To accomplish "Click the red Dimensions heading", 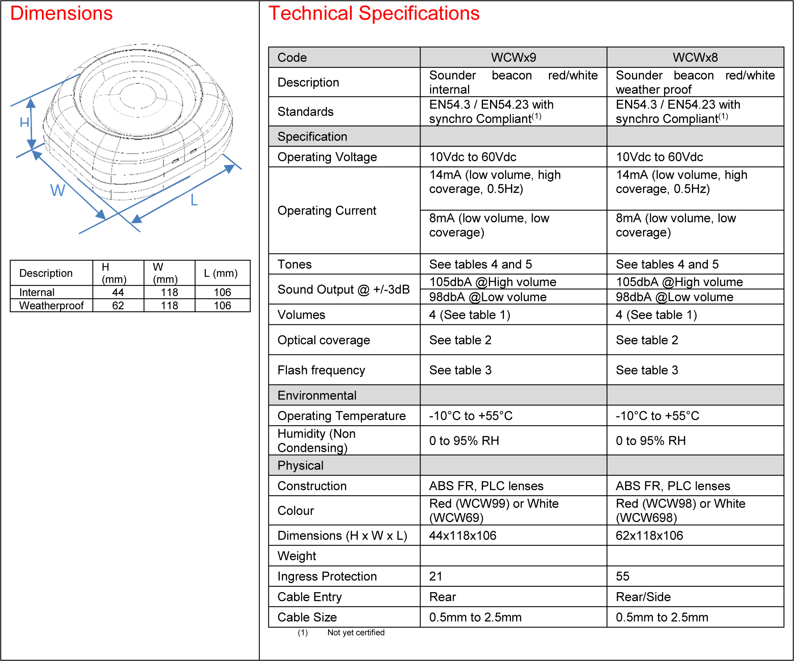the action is click(x=61, y=13).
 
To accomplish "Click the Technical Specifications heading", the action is click(x=374, y=13).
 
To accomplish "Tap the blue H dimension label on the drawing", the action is click(x=25, y=122).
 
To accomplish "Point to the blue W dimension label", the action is click(x=58, y=190).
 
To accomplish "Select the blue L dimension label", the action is click(x=194, y=200).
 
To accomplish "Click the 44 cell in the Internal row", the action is click(x=118, y=292).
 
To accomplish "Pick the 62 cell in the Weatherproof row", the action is click(x=118, y=305).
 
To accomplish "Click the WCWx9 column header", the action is click(x=513, y=57).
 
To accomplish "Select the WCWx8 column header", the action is click(x=695, y=57).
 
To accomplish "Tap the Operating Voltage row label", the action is click(x=327, y=157).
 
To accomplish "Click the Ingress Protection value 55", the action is click(x=622, y=576).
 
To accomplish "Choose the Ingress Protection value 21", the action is click(x=436, y=576).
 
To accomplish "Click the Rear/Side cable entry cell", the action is click(x=643, y=597).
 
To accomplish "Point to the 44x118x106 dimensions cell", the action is click(x=463, y=536).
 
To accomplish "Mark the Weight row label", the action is click(x=297, y=556).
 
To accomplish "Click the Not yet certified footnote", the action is click(x=356, y=633).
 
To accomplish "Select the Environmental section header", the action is click(x=317, y=396).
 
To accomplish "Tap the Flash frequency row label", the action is click(x=321, y=370).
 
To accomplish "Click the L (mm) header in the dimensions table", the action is click(x=221, y=273).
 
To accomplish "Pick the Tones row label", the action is click(x=294, y=264).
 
